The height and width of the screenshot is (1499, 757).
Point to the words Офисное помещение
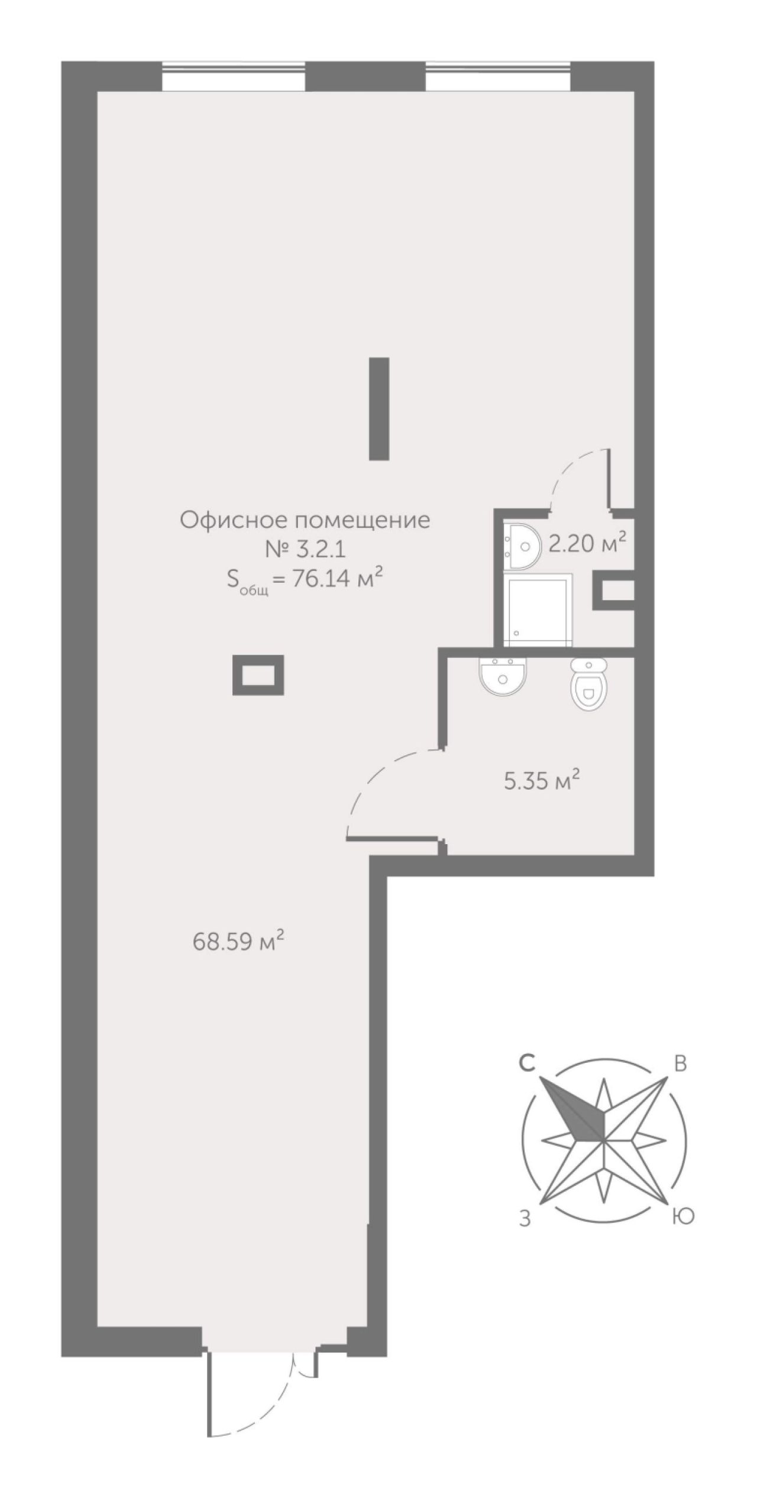305,521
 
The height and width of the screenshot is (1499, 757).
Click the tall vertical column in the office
378,408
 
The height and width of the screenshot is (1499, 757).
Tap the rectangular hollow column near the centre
258,674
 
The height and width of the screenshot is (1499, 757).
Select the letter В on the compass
681,1063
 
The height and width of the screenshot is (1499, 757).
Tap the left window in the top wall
234,76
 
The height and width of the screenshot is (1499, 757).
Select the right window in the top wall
498,76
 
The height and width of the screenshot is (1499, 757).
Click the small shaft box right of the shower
613,590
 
